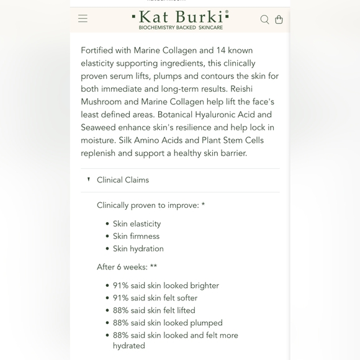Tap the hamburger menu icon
tap(83, 19)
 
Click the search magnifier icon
tap(264, 19)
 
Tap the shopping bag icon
tap(279, 19)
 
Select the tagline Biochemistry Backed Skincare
tap(181, 28)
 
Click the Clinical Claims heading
tap(123, 180)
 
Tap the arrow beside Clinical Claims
tap(89, 179)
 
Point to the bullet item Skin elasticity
tap(137, 223)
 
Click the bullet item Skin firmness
tap(136, 236)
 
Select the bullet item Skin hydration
tap(138, 248)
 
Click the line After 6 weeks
tap(127, 267)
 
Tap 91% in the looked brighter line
tap(121, 286)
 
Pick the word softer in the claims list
tap(184, 298)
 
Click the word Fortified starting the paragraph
tap(99, 50)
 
